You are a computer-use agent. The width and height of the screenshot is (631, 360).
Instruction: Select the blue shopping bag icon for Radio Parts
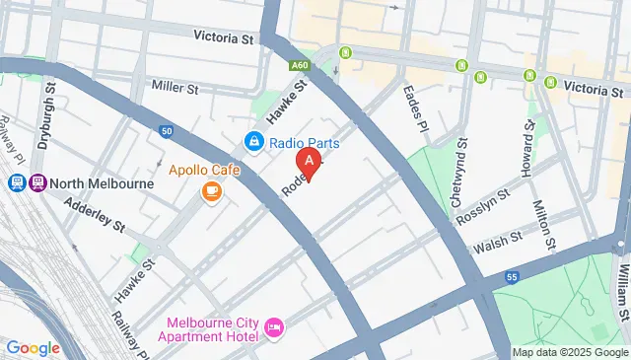[x=254, y=143]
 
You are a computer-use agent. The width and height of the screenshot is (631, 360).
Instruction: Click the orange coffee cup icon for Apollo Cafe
[x=210, y=191]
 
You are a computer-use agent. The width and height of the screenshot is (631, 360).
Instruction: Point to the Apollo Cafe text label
[x=204, y=170]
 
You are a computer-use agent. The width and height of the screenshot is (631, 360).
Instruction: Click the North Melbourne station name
[x=104, y=183]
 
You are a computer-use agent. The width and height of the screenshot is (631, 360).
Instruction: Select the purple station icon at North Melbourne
[x=38, y=183]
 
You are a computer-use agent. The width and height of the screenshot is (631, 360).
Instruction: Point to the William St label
[x=623, y=286]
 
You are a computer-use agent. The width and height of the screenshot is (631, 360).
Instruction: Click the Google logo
[x=34, y=347]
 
